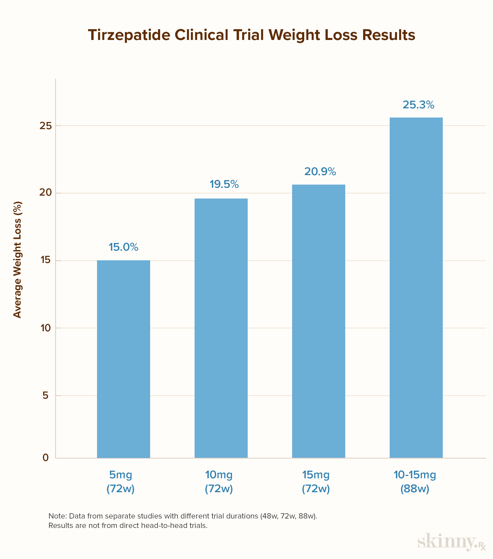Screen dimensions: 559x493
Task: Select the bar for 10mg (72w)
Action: tap(221, 328)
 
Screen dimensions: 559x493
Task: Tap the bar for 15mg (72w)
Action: tap(319, 321)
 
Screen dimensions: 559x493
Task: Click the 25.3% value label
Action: tap(418, 105)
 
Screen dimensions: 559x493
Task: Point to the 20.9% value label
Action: tap(320, 171)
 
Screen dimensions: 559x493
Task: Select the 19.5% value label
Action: tap(224, 184)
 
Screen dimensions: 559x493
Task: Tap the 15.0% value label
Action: tap(123, 247)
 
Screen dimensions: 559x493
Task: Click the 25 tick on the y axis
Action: tap(45, 125)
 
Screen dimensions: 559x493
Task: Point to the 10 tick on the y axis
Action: tap(46, 328)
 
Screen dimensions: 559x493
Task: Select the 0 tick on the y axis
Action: tap(46, 457)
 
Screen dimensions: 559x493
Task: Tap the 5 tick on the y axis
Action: tap(46, 395)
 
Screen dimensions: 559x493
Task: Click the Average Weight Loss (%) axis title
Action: tap(17, 260)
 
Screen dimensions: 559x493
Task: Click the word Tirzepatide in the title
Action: tap(129, 35)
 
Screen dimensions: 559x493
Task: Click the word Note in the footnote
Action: tap(57, 516)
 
